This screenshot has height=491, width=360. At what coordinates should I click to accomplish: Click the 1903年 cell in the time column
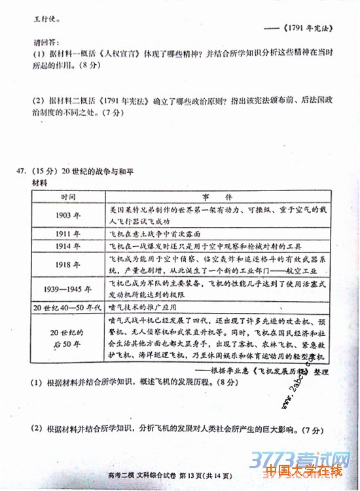coord(68,214)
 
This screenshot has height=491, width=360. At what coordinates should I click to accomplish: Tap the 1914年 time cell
coord(68,246)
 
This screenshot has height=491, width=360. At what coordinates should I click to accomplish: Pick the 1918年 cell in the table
coord(68,264)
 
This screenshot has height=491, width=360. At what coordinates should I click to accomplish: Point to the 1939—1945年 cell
coord(68,289)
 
